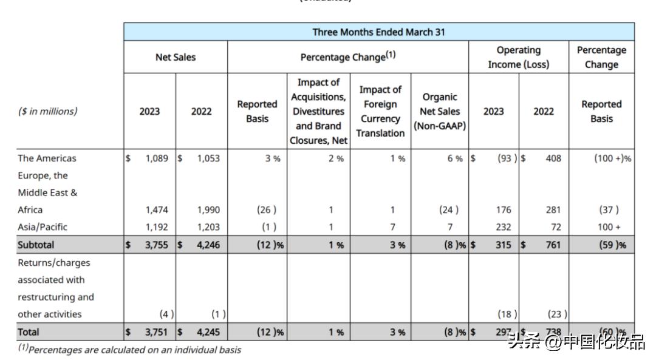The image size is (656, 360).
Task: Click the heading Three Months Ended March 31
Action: pos(378,32)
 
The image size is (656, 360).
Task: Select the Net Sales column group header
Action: pos(176,58)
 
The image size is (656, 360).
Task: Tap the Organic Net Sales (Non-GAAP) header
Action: pos(439,112)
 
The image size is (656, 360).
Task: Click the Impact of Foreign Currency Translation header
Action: pos(380,112)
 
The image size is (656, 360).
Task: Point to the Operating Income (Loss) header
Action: pos(518,57)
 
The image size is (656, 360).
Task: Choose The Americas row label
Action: pos(47,158)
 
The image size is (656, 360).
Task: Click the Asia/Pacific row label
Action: pos(43,227)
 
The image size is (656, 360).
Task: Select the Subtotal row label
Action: pos(36,245)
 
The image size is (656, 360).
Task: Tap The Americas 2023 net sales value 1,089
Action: pos(156,158)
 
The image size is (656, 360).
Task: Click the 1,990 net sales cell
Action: pos(208,210)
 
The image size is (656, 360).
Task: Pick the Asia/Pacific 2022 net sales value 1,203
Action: pos(208,227)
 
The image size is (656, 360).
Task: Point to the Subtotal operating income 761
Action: pos(552,245)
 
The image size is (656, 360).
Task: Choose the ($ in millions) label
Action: pos(47,112)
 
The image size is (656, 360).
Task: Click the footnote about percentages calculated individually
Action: pos(129,350)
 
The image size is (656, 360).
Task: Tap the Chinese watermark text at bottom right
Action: pos(576,342)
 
